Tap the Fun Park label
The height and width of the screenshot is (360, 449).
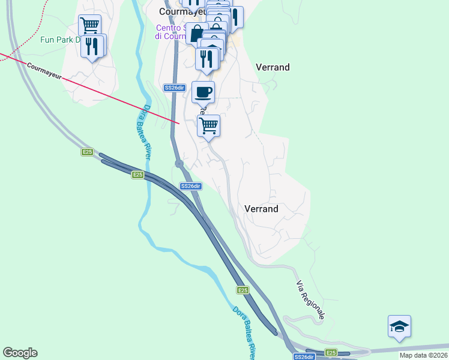click(x=59, y=40)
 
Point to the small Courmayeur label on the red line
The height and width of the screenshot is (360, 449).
click(x=44, y=70)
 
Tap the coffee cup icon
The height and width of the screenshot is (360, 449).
click(x=203, y=92)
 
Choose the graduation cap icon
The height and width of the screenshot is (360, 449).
click(x=399, y=327)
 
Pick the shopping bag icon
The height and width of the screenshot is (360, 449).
click(x=196, y=33)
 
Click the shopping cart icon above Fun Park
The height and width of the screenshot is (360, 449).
click(x=89, y=26)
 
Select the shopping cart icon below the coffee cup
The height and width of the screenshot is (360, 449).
click(x=208, y=126)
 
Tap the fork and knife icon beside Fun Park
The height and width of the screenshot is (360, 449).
click(x=92, y=46)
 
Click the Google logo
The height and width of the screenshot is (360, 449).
click(x=20, y=353)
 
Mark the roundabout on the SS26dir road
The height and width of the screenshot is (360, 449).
click(x=179, y=163)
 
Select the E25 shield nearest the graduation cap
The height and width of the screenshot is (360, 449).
click(x=331, y=352)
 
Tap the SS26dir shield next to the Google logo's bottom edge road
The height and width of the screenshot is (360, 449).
click(x=304, y=356)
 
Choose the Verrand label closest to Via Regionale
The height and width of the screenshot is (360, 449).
click(x=262, y=209)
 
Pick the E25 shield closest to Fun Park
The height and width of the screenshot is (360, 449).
click(x=87, y=152)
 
